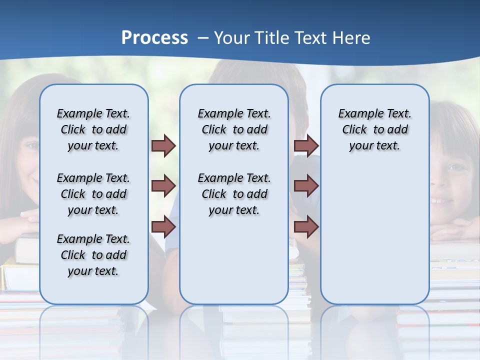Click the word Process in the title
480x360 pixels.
pyautogui.click(x=154, y=38)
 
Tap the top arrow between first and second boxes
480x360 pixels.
pyautogui.click(x=163, y=146)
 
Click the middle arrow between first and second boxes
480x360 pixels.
pyautogui.click(x=163, y=186)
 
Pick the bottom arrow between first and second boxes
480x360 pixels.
pyautogui.click(x=163, y=227)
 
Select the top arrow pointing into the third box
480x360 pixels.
pyautogui.click(x=306, y=146)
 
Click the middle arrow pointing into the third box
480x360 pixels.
pyautogui.click(x=306, y=186)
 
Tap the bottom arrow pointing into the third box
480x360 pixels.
pyautogui.click(x=306, y=227)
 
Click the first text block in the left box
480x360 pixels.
pyautogui.click(x=93, y=129)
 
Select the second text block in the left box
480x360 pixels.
pyautogui.click(x=93, y=194)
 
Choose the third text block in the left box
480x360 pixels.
pyautogui.click(x=93, y=255)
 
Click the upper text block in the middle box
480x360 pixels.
pyautogui.click(x=234, y=129)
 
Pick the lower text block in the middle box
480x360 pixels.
pyautogui.click(x=234, y=194)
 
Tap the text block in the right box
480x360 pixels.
pyautogui.click(x=374, y=129)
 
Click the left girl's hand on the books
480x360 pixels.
pyautogui.click(x=27, y=216)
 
